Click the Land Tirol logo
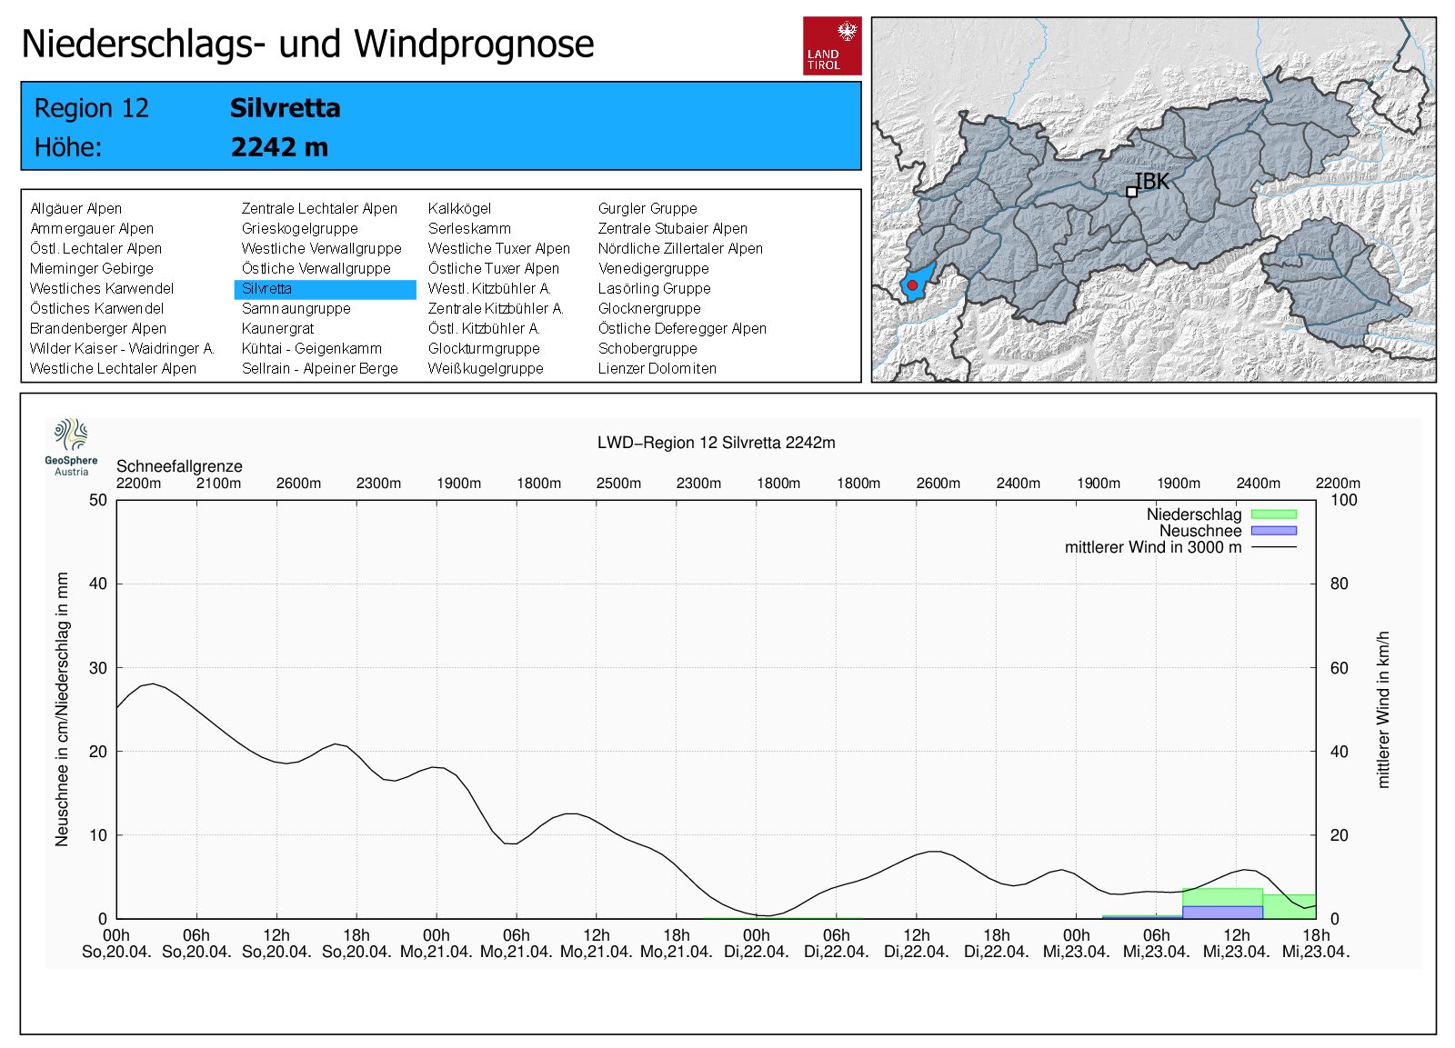pyautogui.click(x=832, y=45)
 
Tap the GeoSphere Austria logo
pyautogui.click(x=71, y=446)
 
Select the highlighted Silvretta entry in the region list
pyautogui.click(x=325, y=289)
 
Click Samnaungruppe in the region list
pyautogui.click(x=296, y=309)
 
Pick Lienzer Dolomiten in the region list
pyautogui.click(x=657, y=369)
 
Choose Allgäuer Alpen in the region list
pyautogui.click(x=75, y=209)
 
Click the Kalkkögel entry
pyautogui.click(x=459, y=209)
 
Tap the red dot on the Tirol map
pyautogui.click(x=912, y=285)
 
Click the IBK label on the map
pyautogui.click(x=1152, y=182)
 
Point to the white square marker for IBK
pyautogui.click(x=1131, y=192)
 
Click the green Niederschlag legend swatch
pyautogui.click(x=1273, y=514)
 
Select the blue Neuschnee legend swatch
pyautogui.click(x=1273, y=531)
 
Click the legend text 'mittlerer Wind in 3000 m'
pyautogui.click(x=1152, y=547)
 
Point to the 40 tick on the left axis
pyautogui.click(x=98, y=584)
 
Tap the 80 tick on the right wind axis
pyautogui.click(x=1339, y=584)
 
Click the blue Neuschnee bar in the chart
pyautogui.click(x=1222, y=912)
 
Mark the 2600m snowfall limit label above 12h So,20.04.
pyautogui.click(x=298, y=484)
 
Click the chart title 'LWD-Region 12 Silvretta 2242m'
pyautogui.click(x=716, y=443)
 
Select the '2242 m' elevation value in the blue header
pyautogui.click(x=279, y=147)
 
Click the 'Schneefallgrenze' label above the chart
pyautogui.click(x=179, y=466)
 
